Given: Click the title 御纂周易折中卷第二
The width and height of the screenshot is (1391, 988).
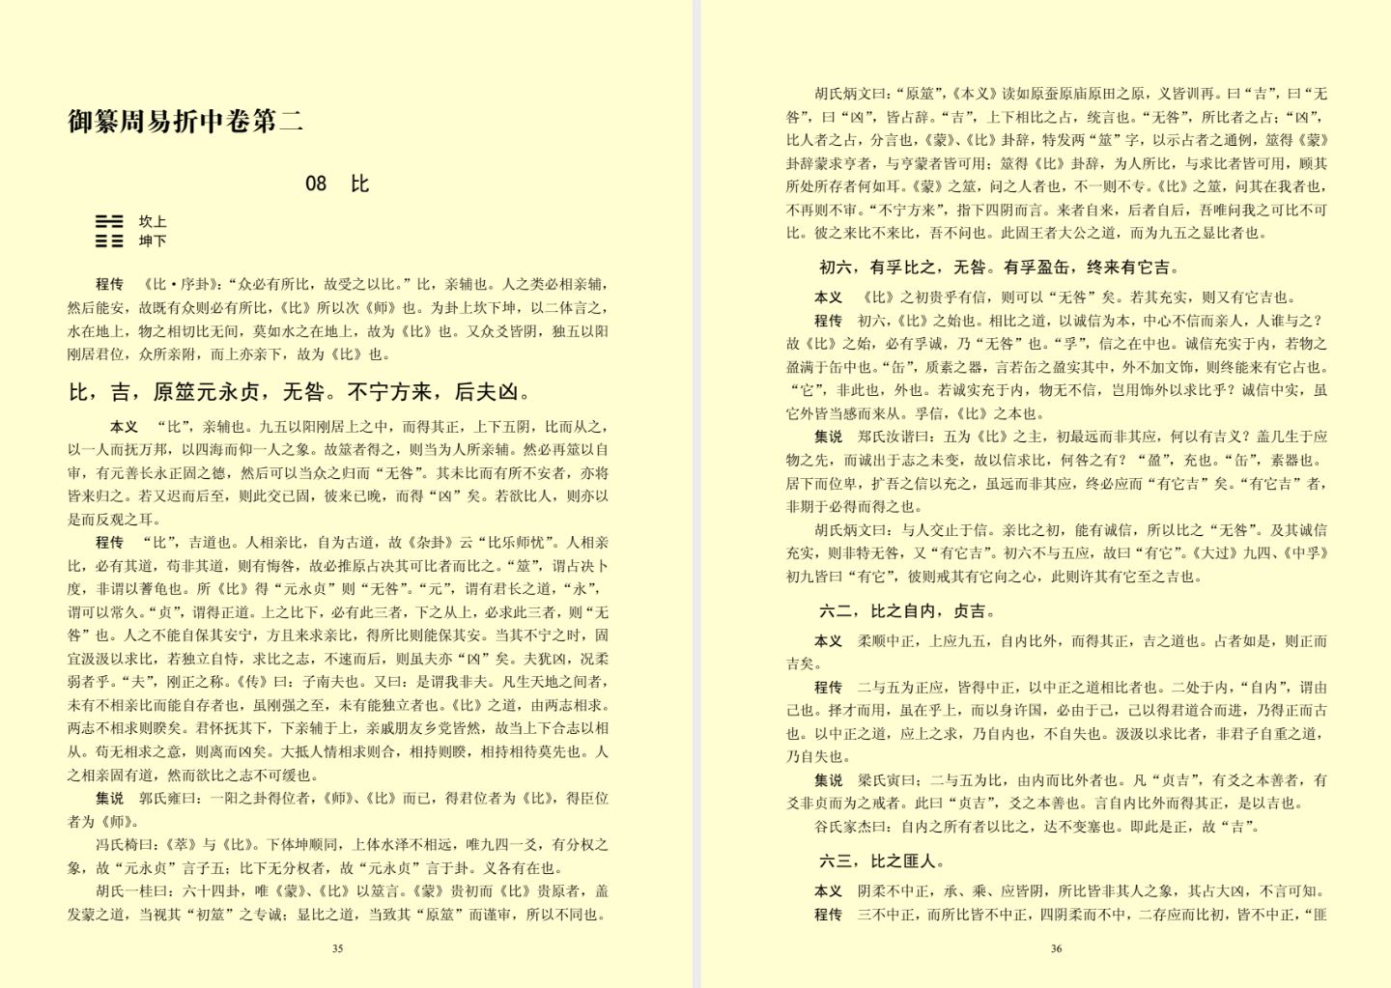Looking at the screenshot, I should point(185,121).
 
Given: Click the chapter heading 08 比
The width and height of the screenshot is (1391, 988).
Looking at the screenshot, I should point(336,183).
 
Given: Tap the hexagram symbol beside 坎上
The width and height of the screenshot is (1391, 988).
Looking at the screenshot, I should point(109,231).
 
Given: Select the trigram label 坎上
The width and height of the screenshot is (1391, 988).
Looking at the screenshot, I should point(153,222).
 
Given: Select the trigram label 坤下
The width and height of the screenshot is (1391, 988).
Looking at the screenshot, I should point(153,240).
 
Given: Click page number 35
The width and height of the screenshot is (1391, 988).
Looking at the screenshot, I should point(337,948).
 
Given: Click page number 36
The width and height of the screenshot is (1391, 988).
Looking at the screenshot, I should point(1056,948).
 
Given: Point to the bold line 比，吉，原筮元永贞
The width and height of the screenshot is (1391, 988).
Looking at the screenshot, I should point(300,392).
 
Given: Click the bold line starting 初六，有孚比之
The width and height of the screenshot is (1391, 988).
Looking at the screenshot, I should point(999,268).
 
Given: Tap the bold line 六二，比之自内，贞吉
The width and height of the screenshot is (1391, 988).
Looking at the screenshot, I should point(907,610).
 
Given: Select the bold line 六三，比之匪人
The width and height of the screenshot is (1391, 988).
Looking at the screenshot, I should point(882,861).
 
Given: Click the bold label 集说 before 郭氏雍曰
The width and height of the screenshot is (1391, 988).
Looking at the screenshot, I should point(110,798).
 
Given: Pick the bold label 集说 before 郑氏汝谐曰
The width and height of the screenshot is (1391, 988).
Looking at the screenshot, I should point(829,437).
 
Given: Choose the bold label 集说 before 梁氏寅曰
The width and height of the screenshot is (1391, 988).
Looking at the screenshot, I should point(829,779).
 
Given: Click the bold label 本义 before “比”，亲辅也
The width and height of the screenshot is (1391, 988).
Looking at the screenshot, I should point(125,426).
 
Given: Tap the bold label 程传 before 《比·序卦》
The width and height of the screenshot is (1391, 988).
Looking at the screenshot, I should point(110,284).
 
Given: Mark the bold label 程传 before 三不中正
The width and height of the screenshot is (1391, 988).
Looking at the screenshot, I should point(829,914).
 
